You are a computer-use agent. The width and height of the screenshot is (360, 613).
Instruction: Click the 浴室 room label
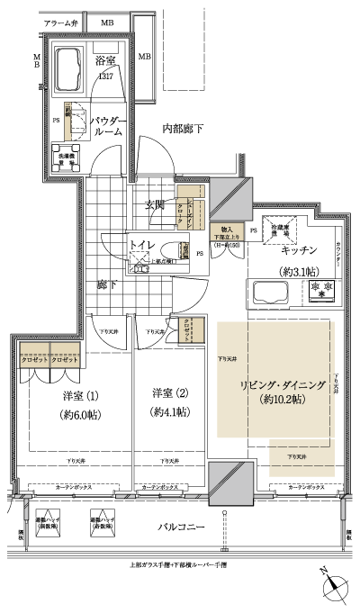(106, 60)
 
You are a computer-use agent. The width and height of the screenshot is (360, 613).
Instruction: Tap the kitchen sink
(269, 292)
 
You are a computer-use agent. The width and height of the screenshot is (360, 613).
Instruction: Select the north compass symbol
(334, 585)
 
